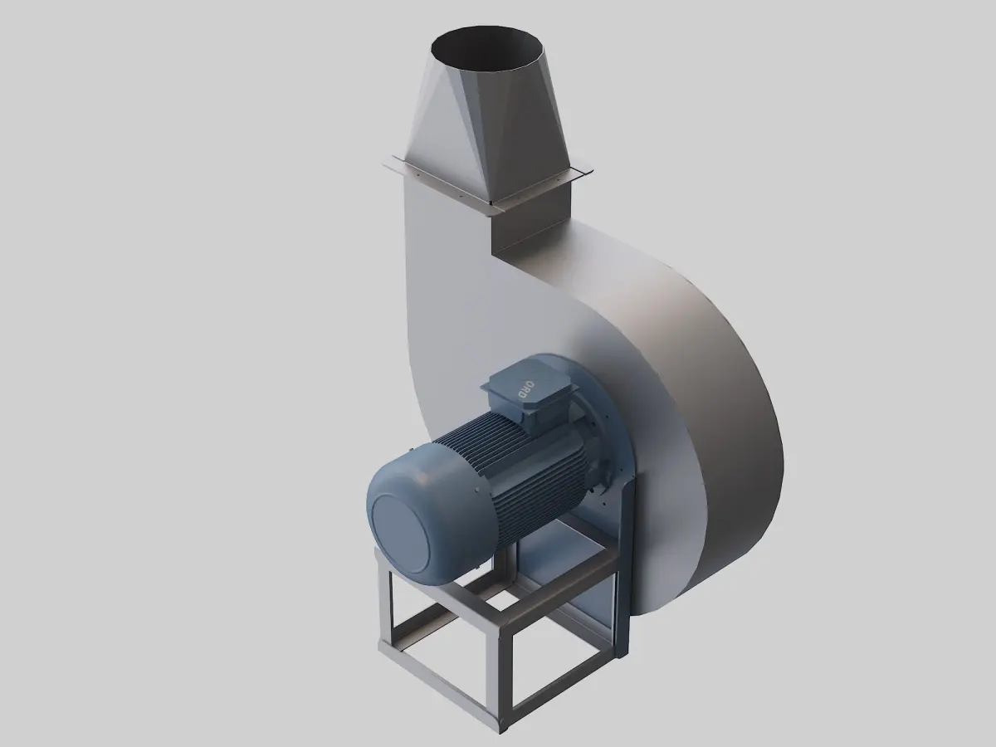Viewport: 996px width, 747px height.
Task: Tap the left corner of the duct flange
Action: [387, 164]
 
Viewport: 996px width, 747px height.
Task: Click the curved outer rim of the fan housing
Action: [739, 432]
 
